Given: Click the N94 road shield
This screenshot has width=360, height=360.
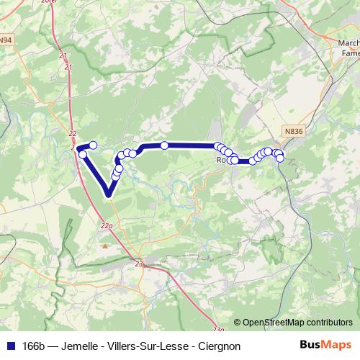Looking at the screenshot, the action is coord(6,40).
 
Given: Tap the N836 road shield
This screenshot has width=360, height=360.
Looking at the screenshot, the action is coord(292,131).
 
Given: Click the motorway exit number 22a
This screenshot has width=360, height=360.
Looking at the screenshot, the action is coord(107,225).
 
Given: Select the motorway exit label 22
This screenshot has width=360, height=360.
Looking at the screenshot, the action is coord(72,134).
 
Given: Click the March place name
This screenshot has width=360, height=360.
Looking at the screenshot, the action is coord(348,42).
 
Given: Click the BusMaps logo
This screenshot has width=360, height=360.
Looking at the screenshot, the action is coord(326,344).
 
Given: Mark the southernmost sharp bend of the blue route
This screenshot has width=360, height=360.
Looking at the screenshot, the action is coord(108,193).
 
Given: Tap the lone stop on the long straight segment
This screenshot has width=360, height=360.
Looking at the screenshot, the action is coord(164,145).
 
